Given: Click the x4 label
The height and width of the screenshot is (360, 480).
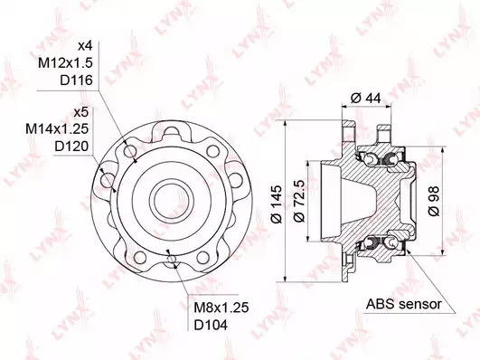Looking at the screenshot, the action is pyautogui.click(x=85, y=46).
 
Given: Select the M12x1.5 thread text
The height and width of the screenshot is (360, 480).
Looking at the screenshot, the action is pyautogui.click(x=65, y=63).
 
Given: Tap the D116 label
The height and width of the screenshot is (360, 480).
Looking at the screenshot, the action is pyautogui.click(x=76, y=81).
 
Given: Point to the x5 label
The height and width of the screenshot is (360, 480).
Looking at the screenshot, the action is pyautogui.click(x=81, y=112).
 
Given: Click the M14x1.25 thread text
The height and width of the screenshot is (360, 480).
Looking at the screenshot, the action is pyautogui.click(x=57, y=128).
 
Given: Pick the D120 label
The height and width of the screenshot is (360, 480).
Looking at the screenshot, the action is pyautogui.click(x=71, y=147).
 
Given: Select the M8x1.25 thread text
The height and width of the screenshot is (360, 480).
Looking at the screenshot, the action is pyautogui.click(x=221, y=308).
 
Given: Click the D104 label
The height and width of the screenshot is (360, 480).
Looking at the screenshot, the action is pyautogui.click(x=212, y=325).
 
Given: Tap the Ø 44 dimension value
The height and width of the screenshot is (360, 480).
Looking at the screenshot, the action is pyautogui.click(x=366, y=99).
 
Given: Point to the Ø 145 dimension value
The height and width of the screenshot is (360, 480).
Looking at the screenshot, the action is pyautogui.click(x=276, y=204).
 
